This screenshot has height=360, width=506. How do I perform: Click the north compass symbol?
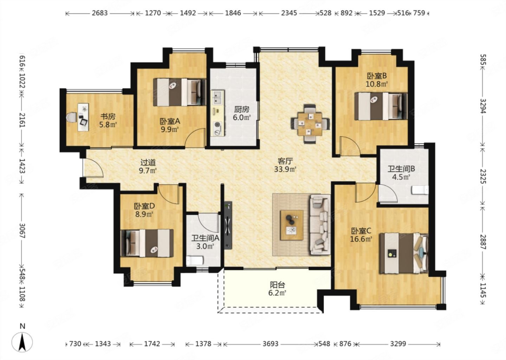point(22,342)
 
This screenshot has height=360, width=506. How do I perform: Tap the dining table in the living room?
point(310,124)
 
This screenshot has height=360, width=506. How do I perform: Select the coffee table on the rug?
point(292,225)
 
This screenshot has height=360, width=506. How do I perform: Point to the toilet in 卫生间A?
point(195,261)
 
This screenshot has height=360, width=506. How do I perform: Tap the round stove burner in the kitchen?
point(217,124)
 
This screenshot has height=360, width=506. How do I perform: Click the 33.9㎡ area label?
point(285,169)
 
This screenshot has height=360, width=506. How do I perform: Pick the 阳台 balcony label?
point(277,284)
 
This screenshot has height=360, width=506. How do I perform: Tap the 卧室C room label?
point(361,231)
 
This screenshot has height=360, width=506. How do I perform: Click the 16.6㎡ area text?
point(361,239)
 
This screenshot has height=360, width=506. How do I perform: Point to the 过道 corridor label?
point(148,162)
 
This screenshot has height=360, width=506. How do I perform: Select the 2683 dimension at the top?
point(100,13)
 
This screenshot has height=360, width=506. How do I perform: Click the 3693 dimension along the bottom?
point(271,344)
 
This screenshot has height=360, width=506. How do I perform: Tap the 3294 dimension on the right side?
point(483,106)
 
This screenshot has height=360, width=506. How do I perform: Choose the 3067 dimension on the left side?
point(22,231)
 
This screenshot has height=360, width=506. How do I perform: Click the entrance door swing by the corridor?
point(93,167)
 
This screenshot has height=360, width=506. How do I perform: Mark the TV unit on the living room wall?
point(228,225)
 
